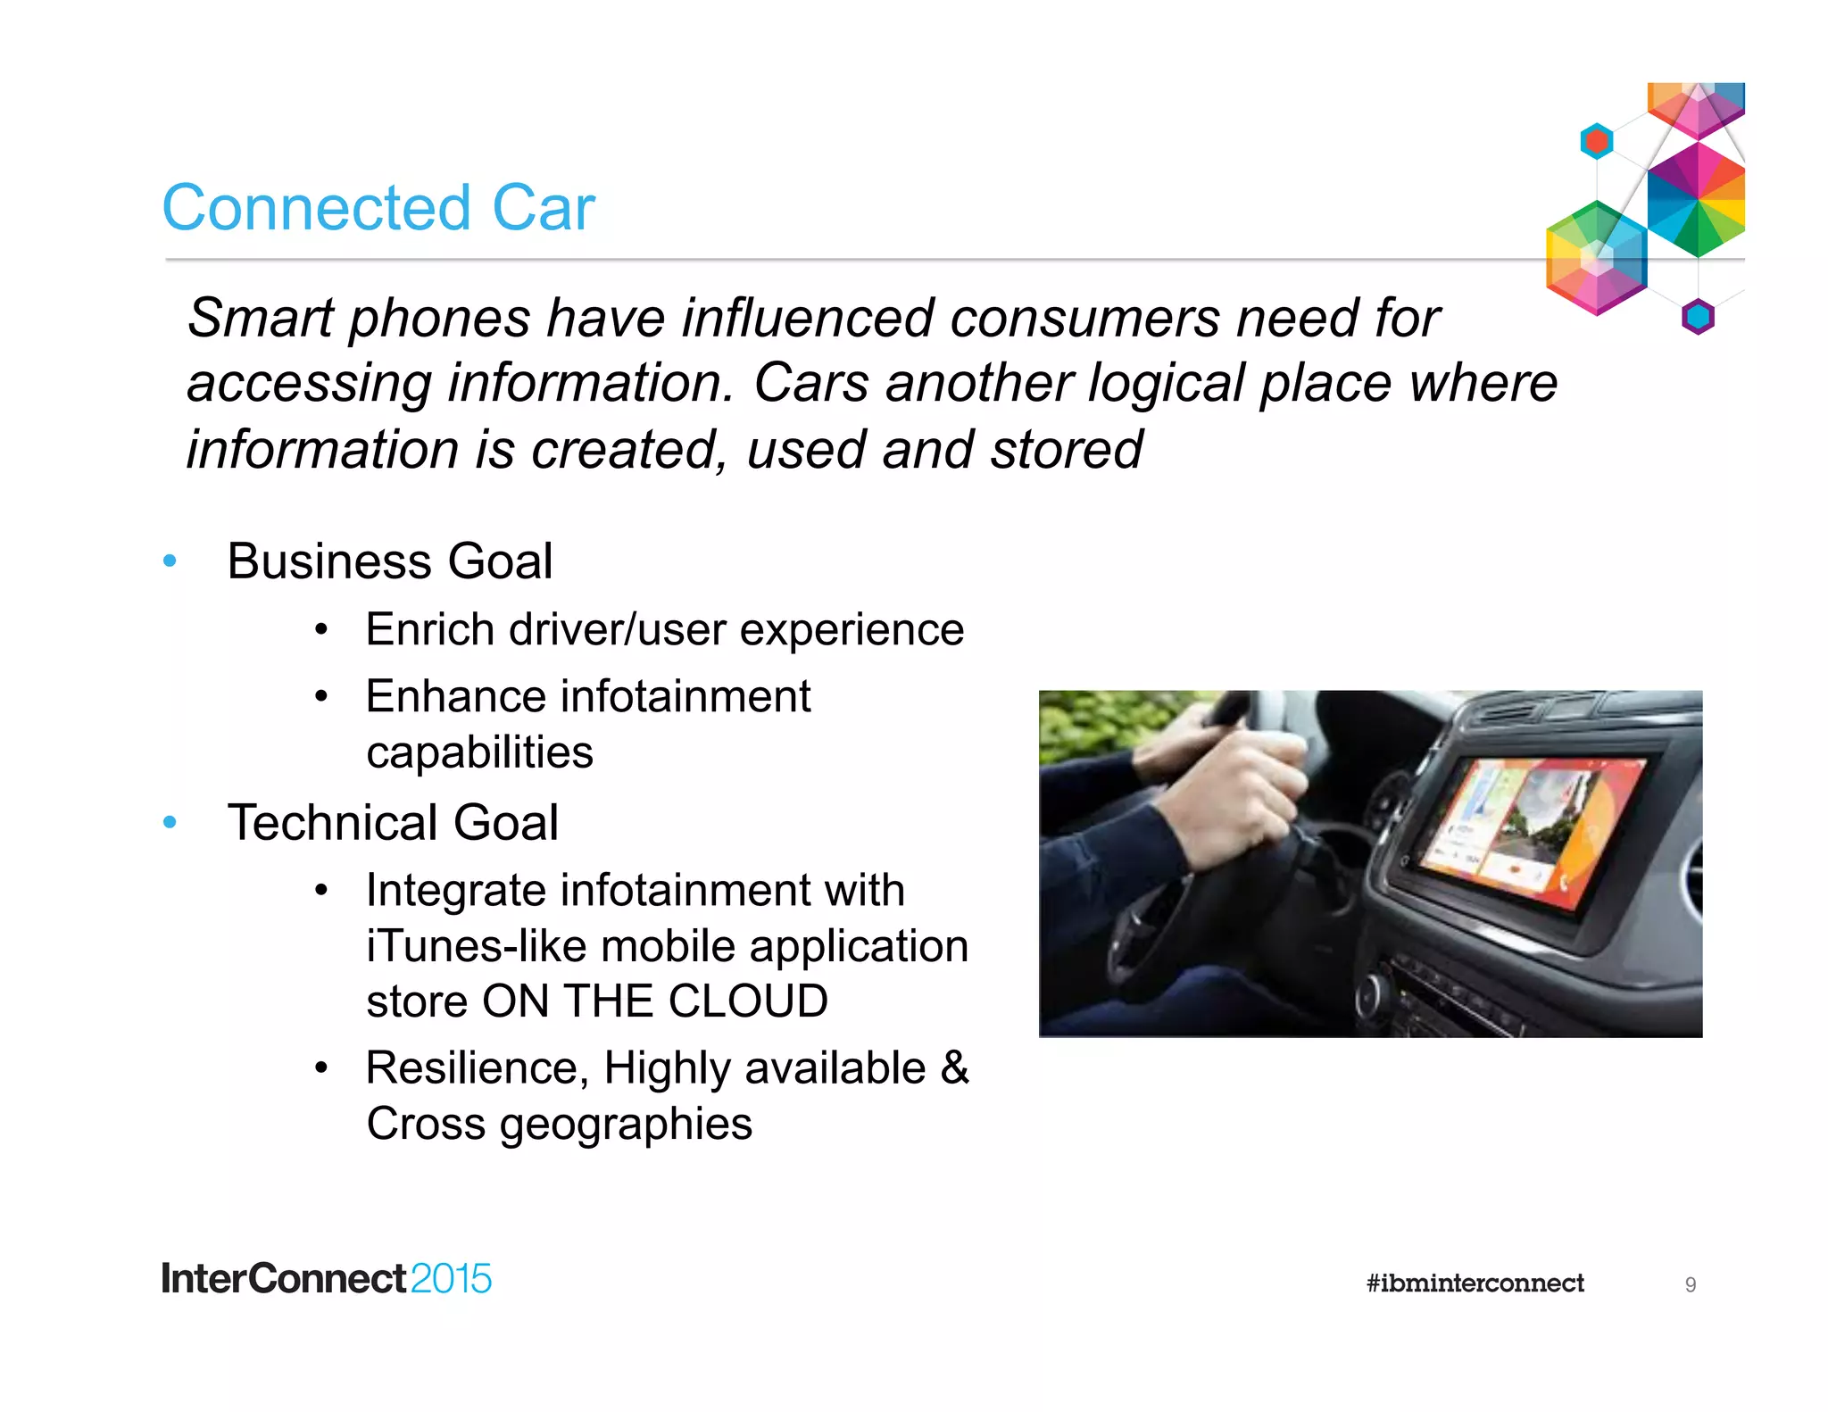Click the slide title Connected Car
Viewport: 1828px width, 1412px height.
[378, 208]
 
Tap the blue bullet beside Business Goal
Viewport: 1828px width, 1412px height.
[170, 561]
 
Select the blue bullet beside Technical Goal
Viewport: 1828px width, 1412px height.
[170, 822]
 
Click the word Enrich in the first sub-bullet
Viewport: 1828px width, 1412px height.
[429, 630]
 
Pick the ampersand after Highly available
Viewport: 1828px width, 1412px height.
[954, 1067]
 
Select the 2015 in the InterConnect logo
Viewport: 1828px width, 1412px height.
[451, 1279]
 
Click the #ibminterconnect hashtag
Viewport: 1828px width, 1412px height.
[1475, 1283]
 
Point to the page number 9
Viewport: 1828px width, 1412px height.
[1690, 1284]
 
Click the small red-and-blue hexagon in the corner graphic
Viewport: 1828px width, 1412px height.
[1596, 141]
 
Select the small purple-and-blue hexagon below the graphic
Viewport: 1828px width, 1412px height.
[1698, 316]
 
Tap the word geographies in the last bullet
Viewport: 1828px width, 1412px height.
[625, 1124]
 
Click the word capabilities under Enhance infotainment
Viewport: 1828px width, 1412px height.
[479, 752]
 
